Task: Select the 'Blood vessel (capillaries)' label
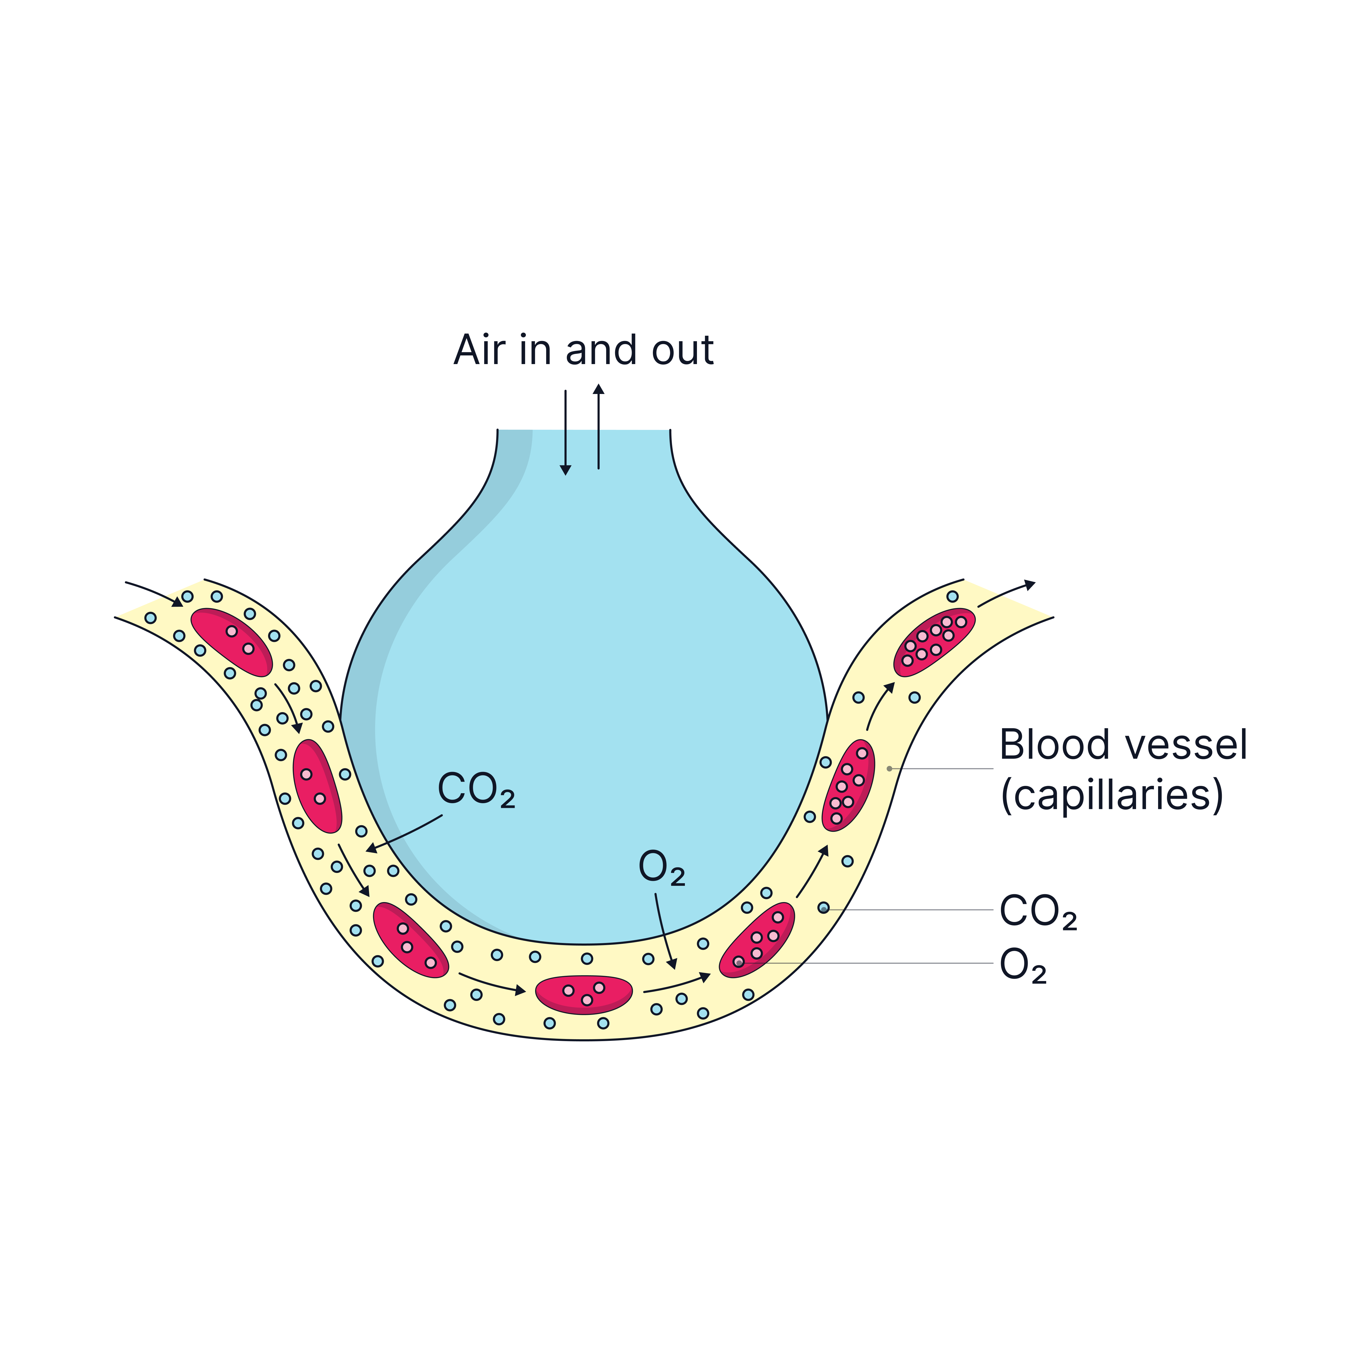click(x=1123, y=770)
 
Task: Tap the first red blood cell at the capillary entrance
click(x=232, y=642)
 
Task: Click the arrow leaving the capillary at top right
click(x=1006, y=594)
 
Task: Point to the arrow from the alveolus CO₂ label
click(x=404, y=834)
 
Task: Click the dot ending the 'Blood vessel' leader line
click(x=889, y=768)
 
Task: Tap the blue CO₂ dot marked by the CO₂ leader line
click(x=823, y=908)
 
